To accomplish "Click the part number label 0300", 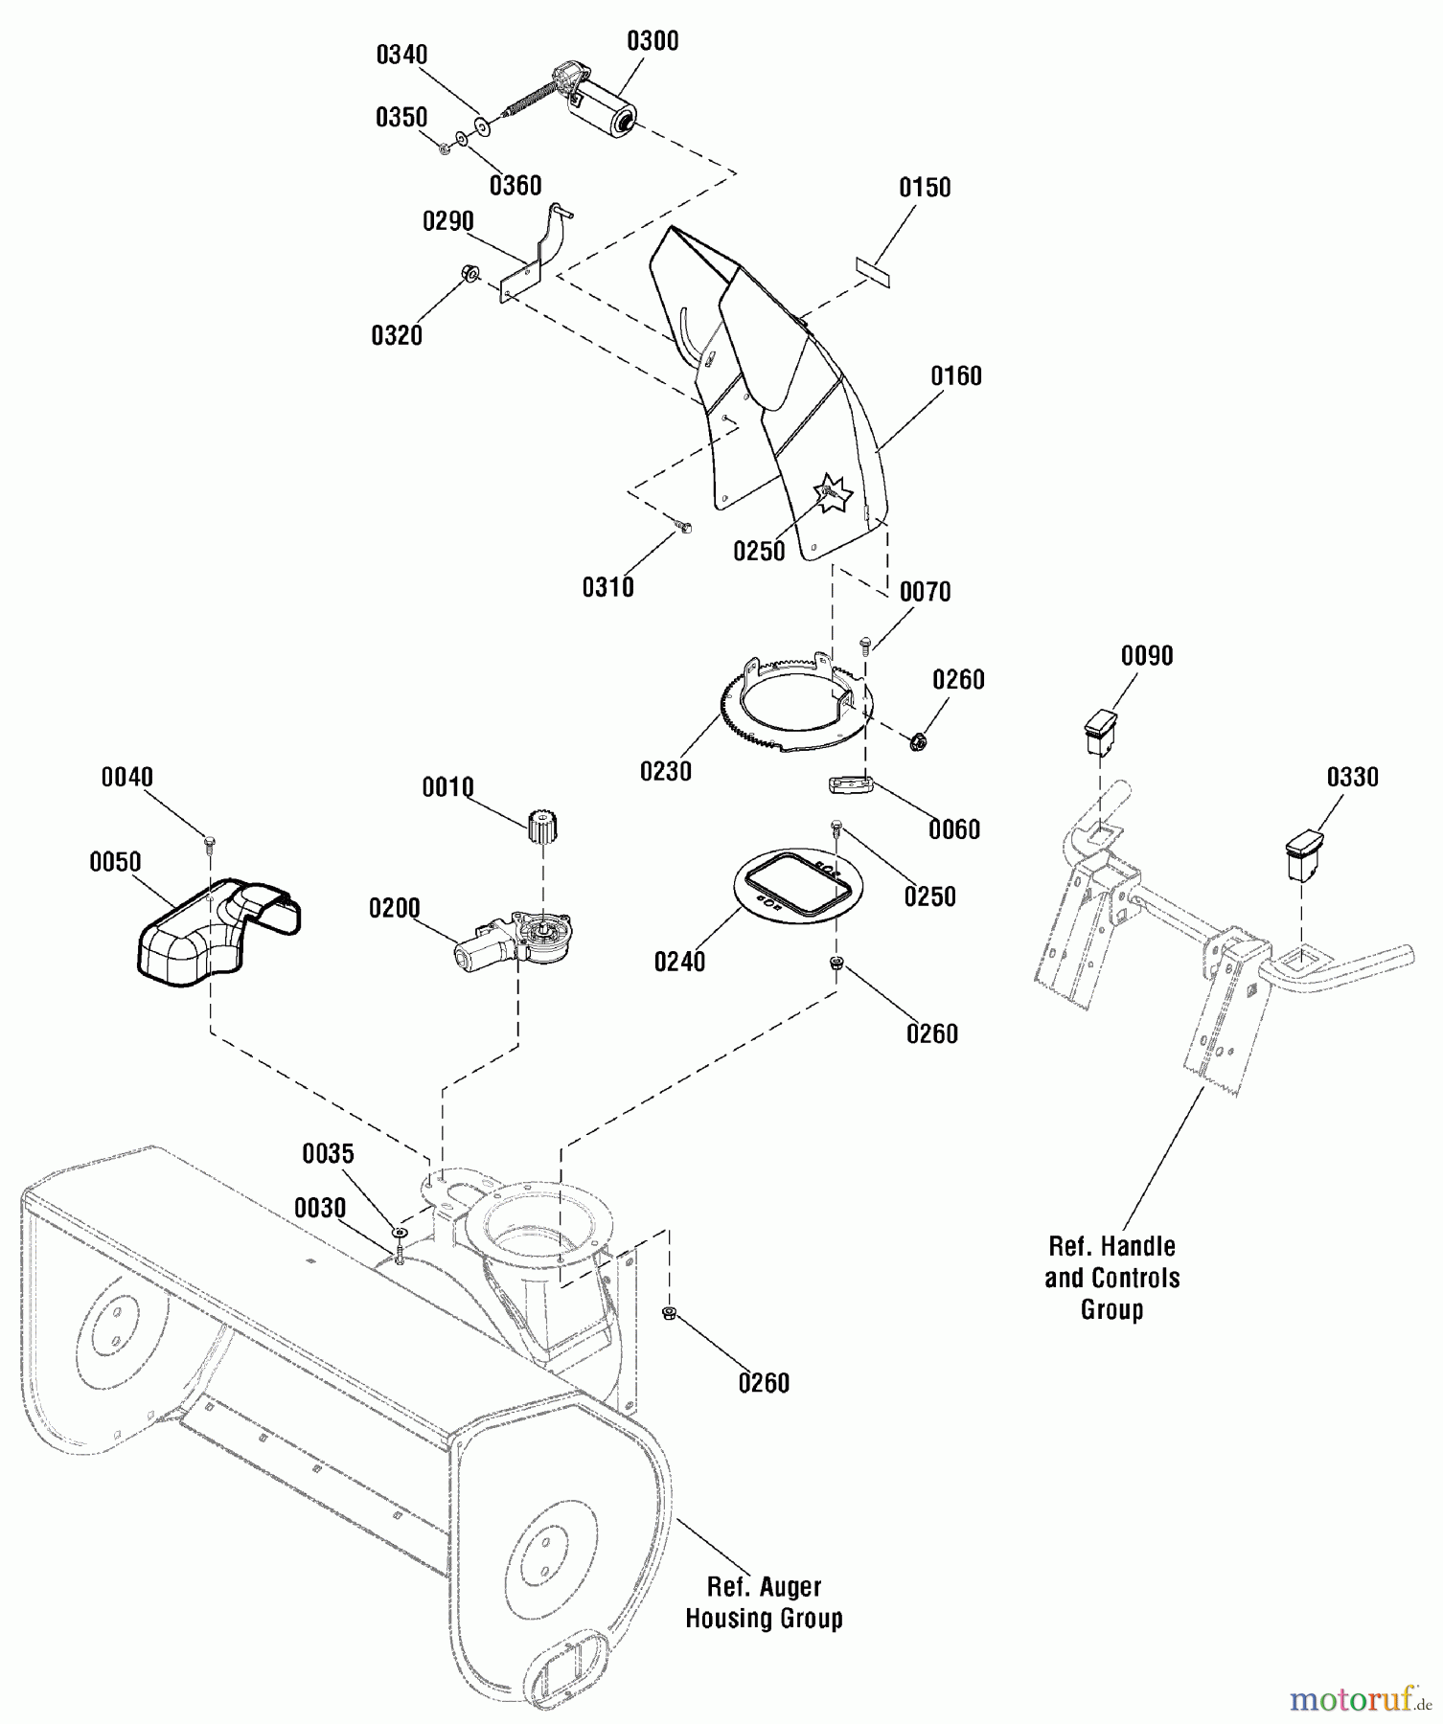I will tap(653, 41).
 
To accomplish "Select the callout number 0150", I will tap(925, 188).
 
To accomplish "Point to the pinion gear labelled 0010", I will tap(543, 826).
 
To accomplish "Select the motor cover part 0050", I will tap(217, 928).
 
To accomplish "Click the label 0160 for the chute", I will tap(956, 376).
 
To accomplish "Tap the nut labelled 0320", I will tap(470, 273).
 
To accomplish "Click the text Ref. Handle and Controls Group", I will tap(1111, 1278).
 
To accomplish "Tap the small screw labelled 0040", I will tap(209, 842).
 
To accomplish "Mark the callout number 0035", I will tap(328, 1155).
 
